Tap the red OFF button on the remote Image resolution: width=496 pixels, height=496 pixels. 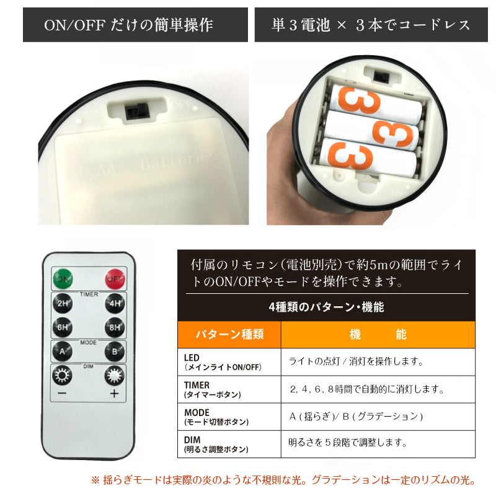115,278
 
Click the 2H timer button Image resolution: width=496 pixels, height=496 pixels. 63,303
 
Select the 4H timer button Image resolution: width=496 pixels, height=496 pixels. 115,303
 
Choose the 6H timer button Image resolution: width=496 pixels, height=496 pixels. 63,327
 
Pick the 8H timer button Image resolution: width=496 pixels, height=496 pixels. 115,327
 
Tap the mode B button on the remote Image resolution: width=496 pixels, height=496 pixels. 115,352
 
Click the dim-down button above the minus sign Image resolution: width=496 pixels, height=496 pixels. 62,376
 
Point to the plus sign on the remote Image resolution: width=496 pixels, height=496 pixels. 115,394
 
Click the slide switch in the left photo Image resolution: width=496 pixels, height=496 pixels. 137,112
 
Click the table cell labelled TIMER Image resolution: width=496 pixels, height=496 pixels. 229,389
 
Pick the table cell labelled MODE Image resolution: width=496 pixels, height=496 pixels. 229,417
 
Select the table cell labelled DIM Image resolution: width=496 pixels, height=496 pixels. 229,444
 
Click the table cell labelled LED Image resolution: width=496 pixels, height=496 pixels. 229,362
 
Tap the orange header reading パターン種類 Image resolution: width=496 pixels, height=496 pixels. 229,335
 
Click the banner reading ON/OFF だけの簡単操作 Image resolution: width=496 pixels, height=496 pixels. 135,25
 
